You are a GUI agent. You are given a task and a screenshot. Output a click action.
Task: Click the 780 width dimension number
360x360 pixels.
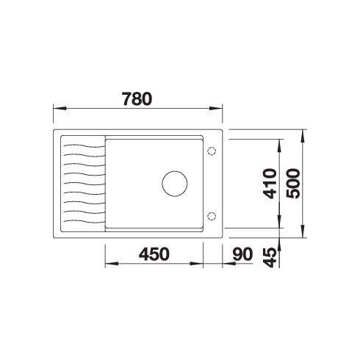(x=137, y=99)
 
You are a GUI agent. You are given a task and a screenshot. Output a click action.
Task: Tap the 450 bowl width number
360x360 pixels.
(x=154, y=254)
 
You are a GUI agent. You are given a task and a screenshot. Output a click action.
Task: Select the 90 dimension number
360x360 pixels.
(x=242, y=254)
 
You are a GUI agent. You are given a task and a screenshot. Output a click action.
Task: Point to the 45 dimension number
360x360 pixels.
(x=270, y=257)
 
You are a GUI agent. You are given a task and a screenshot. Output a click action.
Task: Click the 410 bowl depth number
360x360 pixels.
(x=270, y=184)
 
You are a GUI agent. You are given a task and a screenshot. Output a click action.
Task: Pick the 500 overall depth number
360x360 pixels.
(x=293, y=184)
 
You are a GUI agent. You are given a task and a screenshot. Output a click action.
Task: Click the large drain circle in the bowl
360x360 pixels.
(x=175, y=184)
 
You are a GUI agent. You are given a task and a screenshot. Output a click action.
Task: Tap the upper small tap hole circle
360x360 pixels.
(x=212, y=151)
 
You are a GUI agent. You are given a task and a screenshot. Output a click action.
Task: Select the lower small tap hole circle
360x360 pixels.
(x=212, y=216)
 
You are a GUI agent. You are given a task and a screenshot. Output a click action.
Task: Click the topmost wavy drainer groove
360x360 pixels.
(x=84, y=146)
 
